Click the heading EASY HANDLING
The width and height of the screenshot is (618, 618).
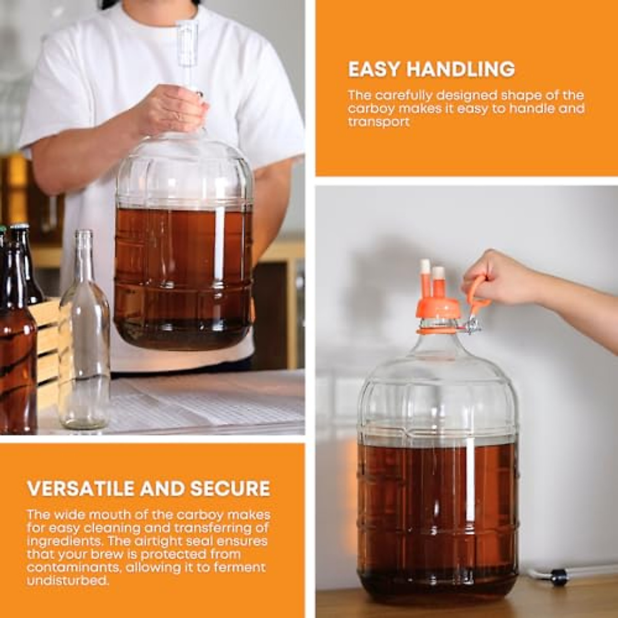tap(432, 69)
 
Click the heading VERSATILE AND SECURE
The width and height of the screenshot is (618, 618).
tap(149, 488)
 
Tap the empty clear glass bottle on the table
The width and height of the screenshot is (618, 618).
tap(84, 360)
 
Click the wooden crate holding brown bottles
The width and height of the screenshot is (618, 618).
tap(49, 340)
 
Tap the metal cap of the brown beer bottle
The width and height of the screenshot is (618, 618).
tap(20, 227)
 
